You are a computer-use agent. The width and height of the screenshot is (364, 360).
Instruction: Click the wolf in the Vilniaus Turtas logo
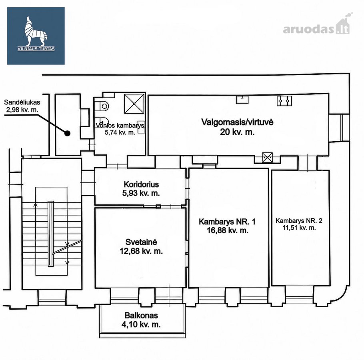point(35,31)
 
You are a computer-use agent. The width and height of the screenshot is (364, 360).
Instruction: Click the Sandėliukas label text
point(22,102)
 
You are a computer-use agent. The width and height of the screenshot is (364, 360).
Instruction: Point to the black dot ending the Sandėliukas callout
point(67,133)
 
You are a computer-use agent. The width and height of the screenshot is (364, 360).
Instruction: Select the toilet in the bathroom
point(102,106)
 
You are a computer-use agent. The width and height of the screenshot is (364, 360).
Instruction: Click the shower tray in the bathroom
point(134,104)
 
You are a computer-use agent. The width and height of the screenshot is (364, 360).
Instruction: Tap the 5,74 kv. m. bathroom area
point(120,132)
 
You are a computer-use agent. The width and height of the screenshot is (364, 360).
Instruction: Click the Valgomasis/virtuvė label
point(237,122)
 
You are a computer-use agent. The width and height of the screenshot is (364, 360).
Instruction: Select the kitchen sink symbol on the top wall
point(242,100)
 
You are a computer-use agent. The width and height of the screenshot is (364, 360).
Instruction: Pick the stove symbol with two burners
point(284,101)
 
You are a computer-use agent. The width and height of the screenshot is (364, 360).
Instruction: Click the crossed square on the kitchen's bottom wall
point(267,158)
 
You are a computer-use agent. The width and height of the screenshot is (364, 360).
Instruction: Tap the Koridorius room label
point(141,184)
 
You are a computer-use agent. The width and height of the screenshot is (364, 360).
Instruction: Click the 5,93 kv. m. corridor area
point(141,193)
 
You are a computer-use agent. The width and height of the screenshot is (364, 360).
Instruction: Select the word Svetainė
point(141,242)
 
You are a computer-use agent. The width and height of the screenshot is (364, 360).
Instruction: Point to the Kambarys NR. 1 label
point(227,222)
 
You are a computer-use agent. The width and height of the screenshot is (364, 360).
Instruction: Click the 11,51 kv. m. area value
point(299,228)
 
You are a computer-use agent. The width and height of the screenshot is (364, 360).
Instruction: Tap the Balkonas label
point(141,316)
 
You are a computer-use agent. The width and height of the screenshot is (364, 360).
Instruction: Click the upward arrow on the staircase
point(36,204)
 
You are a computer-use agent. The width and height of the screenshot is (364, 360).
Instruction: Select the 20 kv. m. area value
point(237,132)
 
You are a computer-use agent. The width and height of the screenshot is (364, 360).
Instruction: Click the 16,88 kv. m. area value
point(228,230)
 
